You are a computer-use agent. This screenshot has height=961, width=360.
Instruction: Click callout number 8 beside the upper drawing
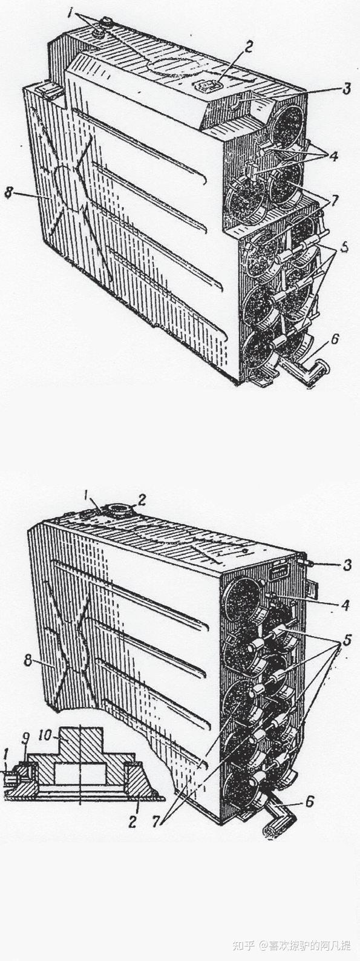click(8, 192)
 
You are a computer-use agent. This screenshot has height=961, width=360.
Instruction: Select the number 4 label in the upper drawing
click(333, 156)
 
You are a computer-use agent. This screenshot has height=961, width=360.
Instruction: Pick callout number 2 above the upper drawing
click(247, 48)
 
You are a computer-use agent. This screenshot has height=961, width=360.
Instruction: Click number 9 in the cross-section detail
click(26, 738)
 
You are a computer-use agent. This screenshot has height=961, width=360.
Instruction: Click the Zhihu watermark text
click(292, 945)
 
